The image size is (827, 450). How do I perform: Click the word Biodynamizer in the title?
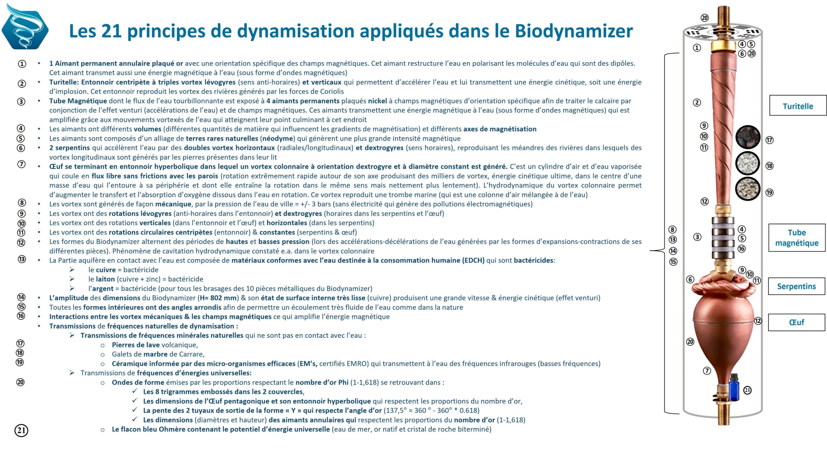tap(573, 31)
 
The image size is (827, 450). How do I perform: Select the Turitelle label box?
tap(798, 106)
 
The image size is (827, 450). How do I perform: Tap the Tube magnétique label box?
tap(797, 237)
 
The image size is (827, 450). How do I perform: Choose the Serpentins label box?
tap(796, 286)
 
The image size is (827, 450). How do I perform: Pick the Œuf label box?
tap(796, 322)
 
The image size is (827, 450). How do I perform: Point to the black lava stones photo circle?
tap(748, 137)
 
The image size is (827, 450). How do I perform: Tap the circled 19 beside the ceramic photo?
tap(769, 193)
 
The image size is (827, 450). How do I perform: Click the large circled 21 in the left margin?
tap(21, 430)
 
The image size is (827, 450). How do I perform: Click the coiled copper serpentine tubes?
tap(724, 285)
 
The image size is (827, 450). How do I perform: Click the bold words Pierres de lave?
tap(136, 345)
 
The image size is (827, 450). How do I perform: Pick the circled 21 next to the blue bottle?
tap(748, 390)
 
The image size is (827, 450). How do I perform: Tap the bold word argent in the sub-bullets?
tap(103, 288)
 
